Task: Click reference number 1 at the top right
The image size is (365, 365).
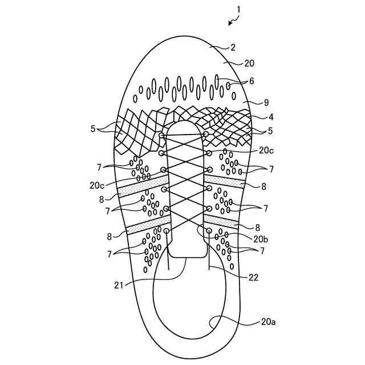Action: click(x=238, y=9)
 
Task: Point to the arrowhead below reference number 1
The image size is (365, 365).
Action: click(x=229, y=23)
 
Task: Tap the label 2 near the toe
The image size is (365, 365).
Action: click(x=233, y=48)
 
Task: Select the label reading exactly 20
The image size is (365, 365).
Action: click(x=249, y=63)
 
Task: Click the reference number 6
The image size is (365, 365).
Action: click(x=252, y=82)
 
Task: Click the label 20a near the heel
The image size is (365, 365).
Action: click(x=269, y=323)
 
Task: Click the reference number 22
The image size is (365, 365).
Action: click(x=254, y=278)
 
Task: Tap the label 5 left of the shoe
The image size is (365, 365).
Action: click(x=93, y=128)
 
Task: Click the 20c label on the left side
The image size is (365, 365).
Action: click(x=97, y=185)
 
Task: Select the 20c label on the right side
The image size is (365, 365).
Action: click(x=266, y=151)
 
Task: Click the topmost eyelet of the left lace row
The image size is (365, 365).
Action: click(x=162, y=136)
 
